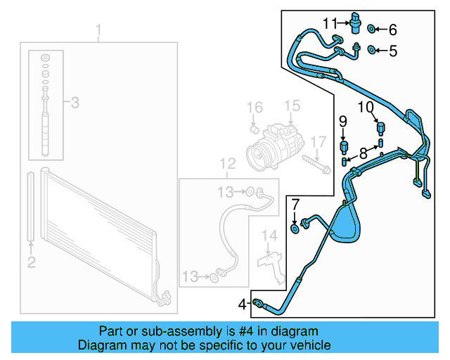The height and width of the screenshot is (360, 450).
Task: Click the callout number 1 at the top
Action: coord(98,30)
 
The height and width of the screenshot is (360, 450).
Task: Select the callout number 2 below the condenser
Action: coord(31,263)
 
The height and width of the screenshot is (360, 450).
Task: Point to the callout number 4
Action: coord(242,304)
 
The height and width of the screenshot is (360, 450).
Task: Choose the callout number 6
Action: coord(392,30)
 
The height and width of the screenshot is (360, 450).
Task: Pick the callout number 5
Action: coord(392,50)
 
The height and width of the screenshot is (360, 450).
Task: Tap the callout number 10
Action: coord(366,108)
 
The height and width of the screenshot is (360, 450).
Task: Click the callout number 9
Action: coord(344,121)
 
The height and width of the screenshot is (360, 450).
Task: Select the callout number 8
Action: coord(363,153)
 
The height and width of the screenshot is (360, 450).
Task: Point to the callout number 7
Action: coord(295,205)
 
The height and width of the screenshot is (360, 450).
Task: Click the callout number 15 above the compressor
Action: coord(292,106)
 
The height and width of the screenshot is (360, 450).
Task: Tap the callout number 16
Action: coord(255,108)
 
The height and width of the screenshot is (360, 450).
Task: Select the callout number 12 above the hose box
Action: coord(227,165)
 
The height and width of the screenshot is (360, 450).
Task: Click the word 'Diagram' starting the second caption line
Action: coord(101,345)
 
